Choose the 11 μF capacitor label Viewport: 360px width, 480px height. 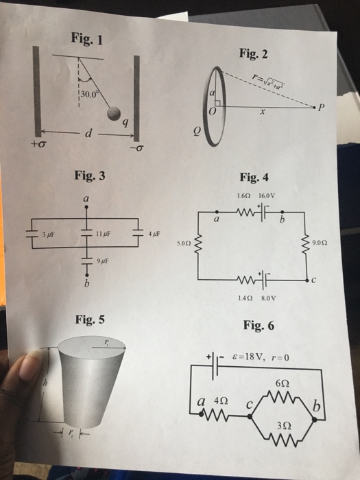[101, 233]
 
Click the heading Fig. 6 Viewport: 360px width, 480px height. [258, 325]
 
